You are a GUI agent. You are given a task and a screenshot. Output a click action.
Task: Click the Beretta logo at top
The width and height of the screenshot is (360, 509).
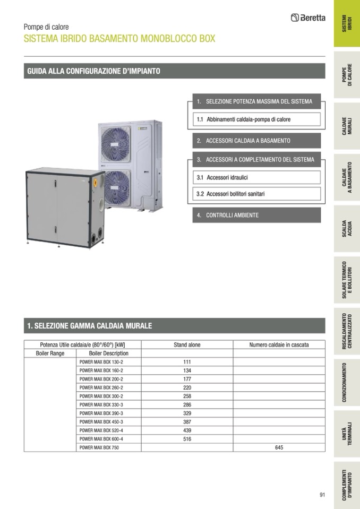[308, 18]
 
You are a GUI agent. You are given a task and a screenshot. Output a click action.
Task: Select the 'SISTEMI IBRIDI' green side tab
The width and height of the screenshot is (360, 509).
[347, 24]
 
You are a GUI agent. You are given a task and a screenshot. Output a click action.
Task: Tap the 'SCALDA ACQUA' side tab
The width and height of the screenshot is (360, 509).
[347, 228]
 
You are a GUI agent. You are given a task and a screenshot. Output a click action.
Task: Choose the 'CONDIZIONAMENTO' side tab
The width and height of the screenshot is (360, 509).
[347, 382]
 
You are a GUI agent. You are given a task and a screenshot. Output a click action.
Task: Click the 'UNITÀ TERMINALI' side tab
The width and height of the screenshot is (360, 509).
[347, 433]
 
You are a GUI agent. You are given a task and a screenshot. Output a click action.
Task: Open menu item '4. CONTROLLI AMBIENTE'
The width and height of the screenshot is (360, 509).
[256, 215]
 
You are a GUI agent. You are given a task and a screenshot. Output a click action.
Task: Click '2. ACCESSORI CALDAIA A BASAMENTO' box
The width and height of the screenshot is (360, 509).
[256, 141]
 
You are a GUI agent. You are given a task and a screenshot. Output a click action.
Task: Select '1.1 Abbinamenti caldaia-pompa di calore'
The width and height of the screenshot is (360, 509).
[256, 119]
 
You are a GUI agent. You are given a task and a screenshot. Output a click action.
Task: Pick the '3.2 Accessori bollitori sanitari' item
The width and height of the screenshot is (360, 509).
[256, 194]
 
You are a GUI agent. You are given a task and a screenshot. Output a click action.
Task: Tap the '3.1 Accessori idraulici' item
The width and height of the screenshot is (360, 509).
[256, 177]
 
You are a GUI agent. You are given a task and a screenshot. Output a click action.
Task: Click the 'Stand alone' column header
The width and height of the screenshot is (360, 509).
[187, 344]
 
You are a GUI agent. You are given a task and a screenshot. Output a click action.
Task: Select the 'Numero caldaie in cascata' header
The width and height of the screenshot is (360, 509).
[279, 344]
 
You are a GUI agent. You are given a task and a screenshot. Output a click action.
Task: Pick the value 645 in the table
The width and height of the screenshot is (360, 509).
[279, 447]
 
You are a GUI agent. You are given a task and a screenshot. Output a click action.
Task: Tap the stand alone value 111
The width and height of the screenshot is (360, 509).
[187, 362]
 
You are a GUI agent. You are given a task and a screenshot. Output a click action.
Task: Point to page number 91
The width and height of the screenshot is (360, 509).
[322, 495]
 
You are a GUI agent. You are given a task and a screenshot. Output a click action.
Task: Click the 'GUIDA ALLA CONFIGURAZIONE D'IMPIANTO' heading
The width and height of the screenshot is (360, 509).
[93, 71]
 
